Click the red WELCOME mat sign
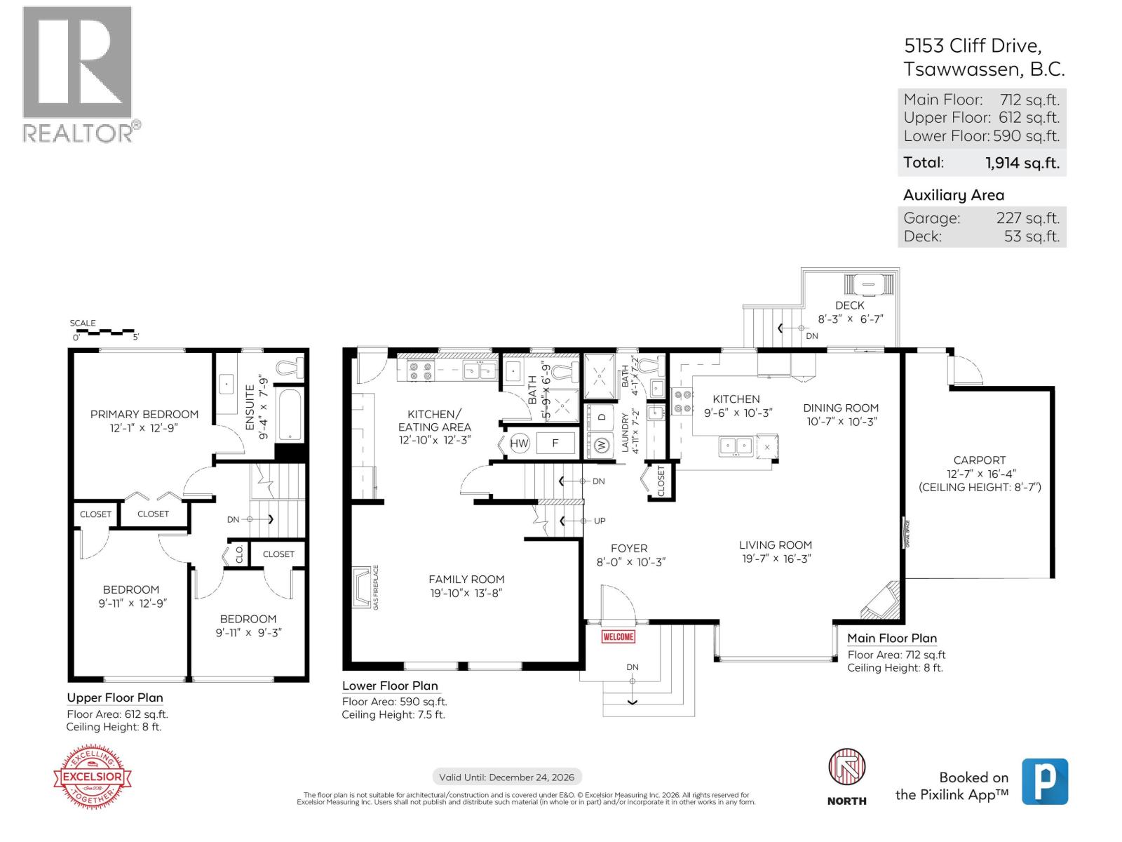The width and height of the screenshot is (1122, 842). (x=618, y=636)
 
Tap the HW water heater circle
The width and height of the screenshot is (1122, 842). (x=519, y=443)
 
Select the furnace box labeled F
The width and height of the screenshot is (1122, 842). (x=555, y=443)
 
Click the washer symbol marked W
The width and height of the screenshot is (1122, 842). (x=602, y=445)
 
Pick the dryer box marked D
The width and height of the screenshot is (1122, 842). (x=602, y=416)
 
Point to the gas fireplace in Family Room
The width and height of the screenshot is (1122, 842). (x=363, y=587)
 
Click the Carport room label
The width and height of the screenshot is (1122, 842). (x=979, y=460)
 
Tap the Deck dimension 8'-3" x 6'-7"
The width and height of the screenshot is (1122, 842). (x=850, y=319)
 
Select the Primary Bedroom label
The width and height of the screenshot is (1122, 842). (x=144, y=414)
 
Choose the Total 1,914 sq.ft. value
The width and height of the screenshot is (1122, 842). (x=1022, y=163)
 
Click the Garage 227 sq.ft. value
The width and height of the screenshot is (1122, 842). (x=1027, y=218)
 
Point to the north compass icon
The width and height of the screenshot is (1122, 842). (x=846, y=768)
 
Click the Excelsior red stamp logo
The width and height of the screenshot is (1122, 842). (x=93, y=777)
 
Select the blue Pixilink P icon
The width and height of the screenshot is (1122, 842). (x=1044, y=781)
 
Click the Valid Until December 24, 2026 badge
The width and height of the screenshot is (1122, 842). (x=507, y=777)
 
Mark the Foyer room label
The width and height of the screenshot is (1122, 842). (x=629, y=548)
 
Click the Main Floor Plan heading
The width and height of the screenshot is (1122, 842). (x=891, y=638)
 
